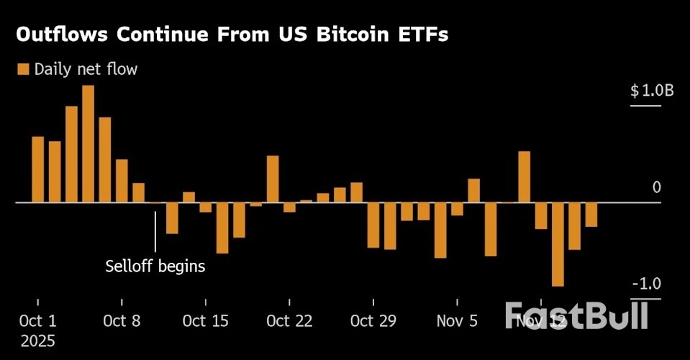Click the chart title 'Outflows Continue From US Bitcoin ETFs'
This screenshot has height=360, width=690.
232,36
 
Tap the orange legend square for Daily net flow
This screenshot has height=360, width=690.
22,69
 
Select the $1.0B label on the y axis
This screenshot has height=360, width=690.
652,91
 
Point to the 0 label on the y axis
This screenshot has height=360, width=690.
656,187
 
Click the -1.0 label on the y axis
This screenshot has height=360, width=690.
645,283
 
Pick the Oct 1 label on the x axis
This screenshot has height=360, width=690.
38,320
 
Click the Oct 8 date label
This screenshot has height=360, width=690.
122,320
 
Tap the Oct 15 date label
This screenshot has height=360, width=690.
206,320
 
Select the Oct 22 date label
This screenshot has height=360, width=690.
289,320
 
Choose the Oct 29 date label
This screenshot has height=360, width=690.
373,320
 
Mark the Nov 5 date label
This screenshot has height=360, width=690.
457,320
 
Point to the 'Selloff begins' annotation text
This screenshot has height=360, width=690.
155,266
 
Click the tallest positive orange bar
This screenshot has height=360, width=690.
88,144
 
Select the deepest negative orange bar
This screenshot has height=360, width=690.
558,244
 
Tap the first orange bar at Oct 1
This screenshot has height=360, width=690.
38,169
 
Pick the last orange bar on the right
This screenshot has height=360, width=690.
591,215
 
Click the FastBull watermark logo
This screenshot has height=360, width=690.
576,315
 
